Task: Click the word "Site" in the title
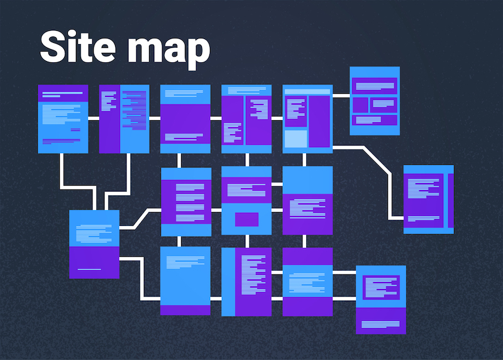(77, 47)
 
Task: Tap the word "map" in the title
(169, 52)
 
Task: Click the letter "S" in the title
(53, 47)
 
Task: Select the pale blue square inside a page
(296, 138)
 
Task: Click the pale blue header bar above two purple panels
(307, 91)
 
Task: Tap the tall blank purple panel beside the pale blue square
(319, 121)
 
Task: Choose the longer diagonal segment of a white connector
(377, 160)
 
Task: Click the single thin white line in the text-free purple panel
(89, 269)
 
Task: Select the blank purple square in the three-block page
(360, 105)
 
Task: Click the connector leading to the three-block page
(341, 96)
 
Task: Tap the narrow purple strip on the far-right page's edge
(451, 200)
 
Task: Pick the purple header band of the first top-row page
(63, 93)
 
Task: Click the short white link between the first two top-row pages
(94, 118)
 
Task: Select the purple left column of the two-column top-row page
(109, 119)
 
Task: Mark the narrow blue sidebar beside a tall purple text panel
(228, 281)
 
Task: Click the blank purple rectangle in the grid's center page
(246, 220)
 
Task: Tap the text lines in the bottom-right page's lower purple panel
(380, 324)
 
